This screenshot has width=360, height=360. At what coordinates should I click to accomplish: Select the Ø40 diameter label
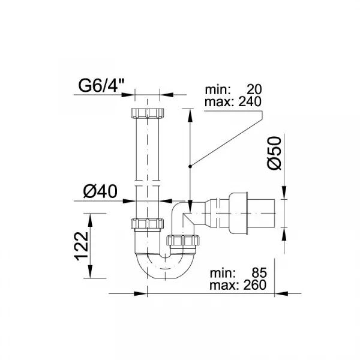pyautogui.click(x=100, y=191)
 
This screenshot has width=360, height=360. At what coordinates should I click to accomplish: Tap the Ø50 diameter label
pyautogui.click(x=274, y=153)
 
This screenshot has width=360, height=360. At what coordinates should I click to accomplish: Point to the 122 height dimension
pyautogui.click(x=82, y=246)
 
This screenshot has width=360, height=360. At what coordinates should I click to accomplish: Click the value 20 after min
pyautogui.click(x=254, y=89)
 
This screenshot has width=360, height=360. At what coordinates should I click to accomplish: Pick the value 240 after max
pyautogui.click(x=250, y=102)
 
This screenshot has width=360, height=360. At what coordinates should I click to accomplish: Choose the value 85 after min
pyautogui.click(x=259, y=273)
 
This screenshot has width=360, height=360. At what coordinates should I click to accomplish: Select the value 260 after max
pyautogui.click(x=255, y=285)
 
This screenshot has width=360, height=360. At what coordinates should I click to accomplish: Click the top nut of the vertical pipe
pyautogui.click(x=147, y=113)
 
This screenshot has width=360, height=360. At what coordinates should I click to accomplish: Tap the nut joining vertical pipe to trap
pyautogui.click(x=147, y=223)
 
